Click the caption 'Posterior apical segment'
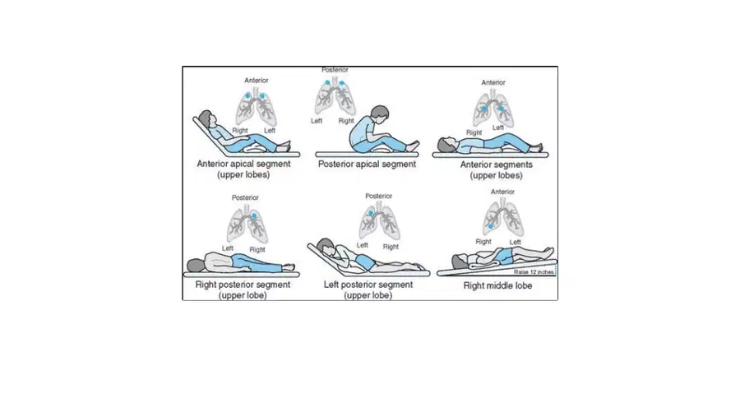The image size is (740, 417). [x=367, y=164]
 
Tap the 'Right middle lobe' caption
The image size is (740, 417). [x=497, y=285]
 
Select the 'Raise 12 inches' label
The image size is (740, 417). [x=534, y=272]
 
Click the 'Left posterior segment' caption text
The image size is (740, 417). [x=368, y=285]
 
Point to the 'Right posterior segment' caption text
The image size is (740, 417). [x=243, y=285]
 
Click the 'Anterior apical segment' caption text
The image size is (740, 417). [x=243, y=164]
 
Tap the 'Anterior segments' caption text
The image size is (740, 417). [x=496, y=164]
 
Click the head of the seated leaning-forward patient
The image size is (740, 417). [x=379, y=114]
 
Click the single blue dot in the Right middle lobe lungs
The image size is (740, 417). [x=491, y=227]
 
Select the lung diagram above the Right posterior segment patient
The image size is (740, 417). [x=247, y=223]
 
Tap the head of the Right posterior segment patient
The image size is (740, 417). [x=196, y=265]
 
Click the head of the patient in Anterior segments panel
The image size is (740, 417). [x=446, y=144]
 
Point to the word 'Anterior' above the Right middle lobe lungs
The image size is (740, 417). [x=502, y=192]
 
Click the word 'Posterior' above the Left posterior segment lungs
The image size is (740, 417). [x=378, y=196]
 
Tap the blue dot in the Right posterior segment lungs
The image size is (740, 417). [x=254, y=215]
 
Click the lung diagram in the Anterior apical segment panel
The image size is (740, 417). [x=256, y=107]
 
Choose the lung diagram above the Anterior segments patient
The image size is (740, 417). [x=493, y=108]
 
